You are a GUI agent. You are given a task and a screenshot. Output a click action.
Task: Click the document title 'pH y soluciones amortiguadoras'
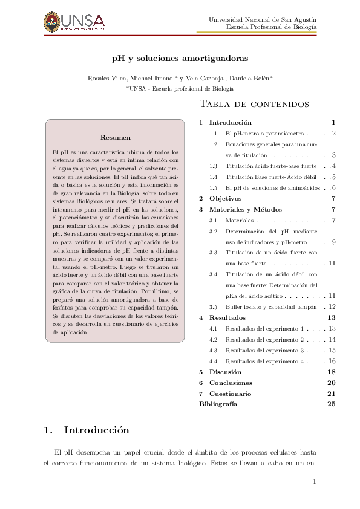[180, 59]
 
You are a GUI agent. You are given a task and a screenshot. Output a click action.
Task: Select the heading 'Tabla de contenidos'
[254, 105]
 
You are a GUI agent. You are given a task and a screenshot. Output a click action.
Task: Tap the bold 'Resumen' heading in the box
[115, 138]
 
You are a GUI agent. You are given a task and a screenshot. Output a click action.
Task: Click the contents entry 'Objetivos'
[225, 198]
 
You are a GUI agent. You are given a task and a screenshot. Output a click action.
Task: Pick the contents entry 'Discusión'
[225, 372]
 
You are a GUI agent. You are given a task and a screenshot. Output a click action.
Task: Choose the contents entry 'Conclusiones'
[230, 383]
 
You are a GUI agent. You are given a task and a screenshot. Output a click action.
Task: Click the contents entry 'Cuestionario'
[230, 394]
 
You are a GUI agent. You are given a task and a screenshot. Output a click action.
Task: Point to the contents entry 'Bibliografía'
[218, 404]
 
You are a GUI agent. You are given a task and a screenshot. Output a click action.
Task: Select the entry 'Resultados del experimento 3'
[263, 350]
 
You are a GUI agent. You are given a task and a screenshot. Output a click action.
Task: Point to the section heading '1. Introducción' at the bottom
[87, 430]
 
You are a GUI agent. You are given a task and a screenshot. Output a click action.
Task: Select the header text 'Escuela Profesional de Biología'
[271, 27]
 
